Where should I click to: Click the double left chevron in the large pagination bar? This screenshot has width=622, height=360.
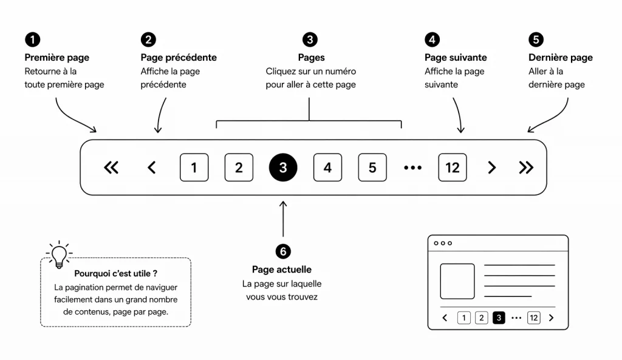click(111, 168)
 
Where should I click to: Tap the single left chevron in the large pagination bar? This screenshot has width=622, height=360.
click(152, 168)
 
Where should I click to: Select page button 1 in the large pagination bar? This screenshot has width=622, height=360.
click(194, 168)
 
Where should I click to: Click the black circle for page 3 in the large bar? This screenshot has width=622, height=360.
click(283, 168)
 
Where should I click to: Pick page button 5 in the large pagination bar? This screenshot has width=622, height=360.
click(372, 168)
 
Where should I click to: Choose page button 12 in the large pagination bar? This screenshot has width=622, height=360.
click(453, 168)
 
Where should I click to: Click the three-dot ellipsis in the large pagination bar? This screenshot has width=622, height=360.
click(412, 168)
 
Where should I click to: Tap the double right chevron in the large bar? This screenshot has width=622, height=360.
click(526, 168)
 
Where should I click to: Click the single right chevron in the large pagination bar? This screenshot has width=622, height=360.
click(492, 168)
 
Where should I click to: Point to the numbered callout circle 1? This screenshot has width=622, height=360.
click(32, 39)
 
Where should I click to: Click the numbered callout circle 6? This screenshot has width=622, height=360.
click(282, 251)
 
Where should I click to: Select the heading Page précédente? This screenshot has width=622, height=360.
click(179, 58)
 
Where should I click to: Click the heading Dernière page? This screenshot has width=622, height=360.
click(560, 58)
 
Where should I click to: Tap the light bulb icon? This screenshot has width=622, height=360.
click(59, 256)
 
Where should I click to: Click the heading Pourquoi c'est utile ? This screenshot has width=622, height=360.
click(115, 274)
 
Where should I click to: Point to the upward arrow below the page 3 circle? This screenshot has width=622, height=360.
click(283, 219)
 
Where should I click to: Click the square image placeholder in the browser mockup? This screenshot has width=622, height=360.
click(457, 281)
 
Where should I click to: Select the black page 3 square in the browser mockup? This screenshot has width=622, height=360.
click(499, 318)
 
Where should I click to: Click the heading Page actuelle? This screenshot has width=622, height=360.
click(282, 270)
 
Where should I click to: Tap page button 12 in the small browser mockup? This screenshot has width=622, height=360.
click(533, 318)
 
